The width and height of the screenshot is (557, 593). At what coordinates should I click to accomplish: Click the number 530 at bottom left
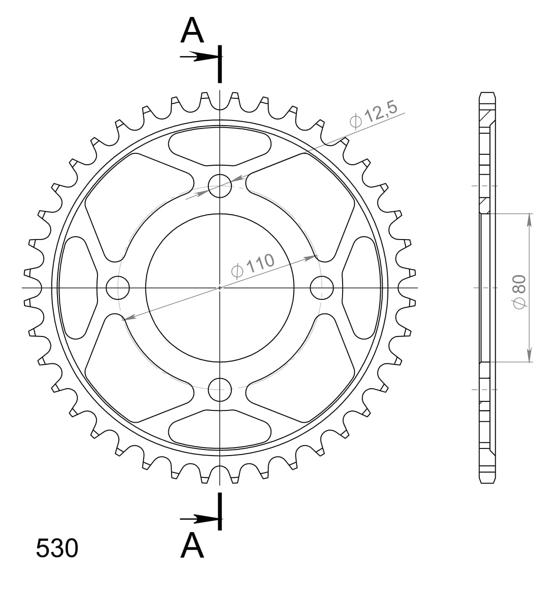coord(57,548)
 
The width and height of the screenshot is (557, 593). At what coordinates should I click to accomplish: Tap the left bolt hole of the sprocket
coord(118,288)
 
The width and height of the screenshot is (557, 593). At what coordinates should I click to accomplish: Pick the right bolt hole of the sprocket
coord(322,287)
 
